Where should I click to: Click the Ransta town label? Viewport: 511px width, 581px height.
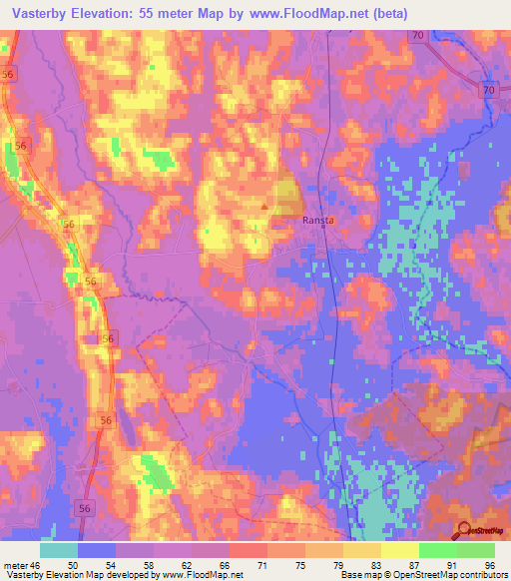tap(317, 222)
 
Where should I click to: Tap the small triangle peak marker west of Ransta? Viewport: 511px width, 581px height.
tap(264, 208)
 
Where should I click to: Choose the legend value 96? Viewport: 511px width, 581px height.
tap(489, 565)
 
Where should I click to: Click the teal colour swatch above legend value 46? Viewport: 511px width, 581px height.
tap(59, 550)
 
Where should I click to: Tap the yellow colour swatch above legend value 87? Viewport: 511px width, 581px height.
tap(399, 550)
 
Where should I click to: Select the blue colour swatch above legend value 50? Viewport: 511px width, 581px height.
tap(97, 550)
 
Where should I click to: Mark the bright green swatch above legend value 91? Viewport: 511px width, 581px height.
tap(437, 550)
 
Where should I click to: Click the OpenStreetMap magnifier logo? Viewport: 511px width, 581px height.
tap(463, 531)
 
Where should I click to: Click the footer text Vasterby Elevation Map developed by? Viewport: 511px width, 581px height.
tap(80, 575)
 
